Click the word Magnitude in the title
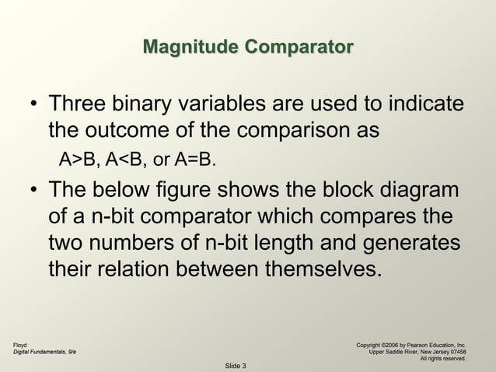(191, 47)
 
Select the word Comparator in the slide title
(299, 47)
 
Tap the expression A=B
(195, 160)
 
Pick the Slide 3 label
(236, 366)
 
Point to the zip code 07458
(455, 351)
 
